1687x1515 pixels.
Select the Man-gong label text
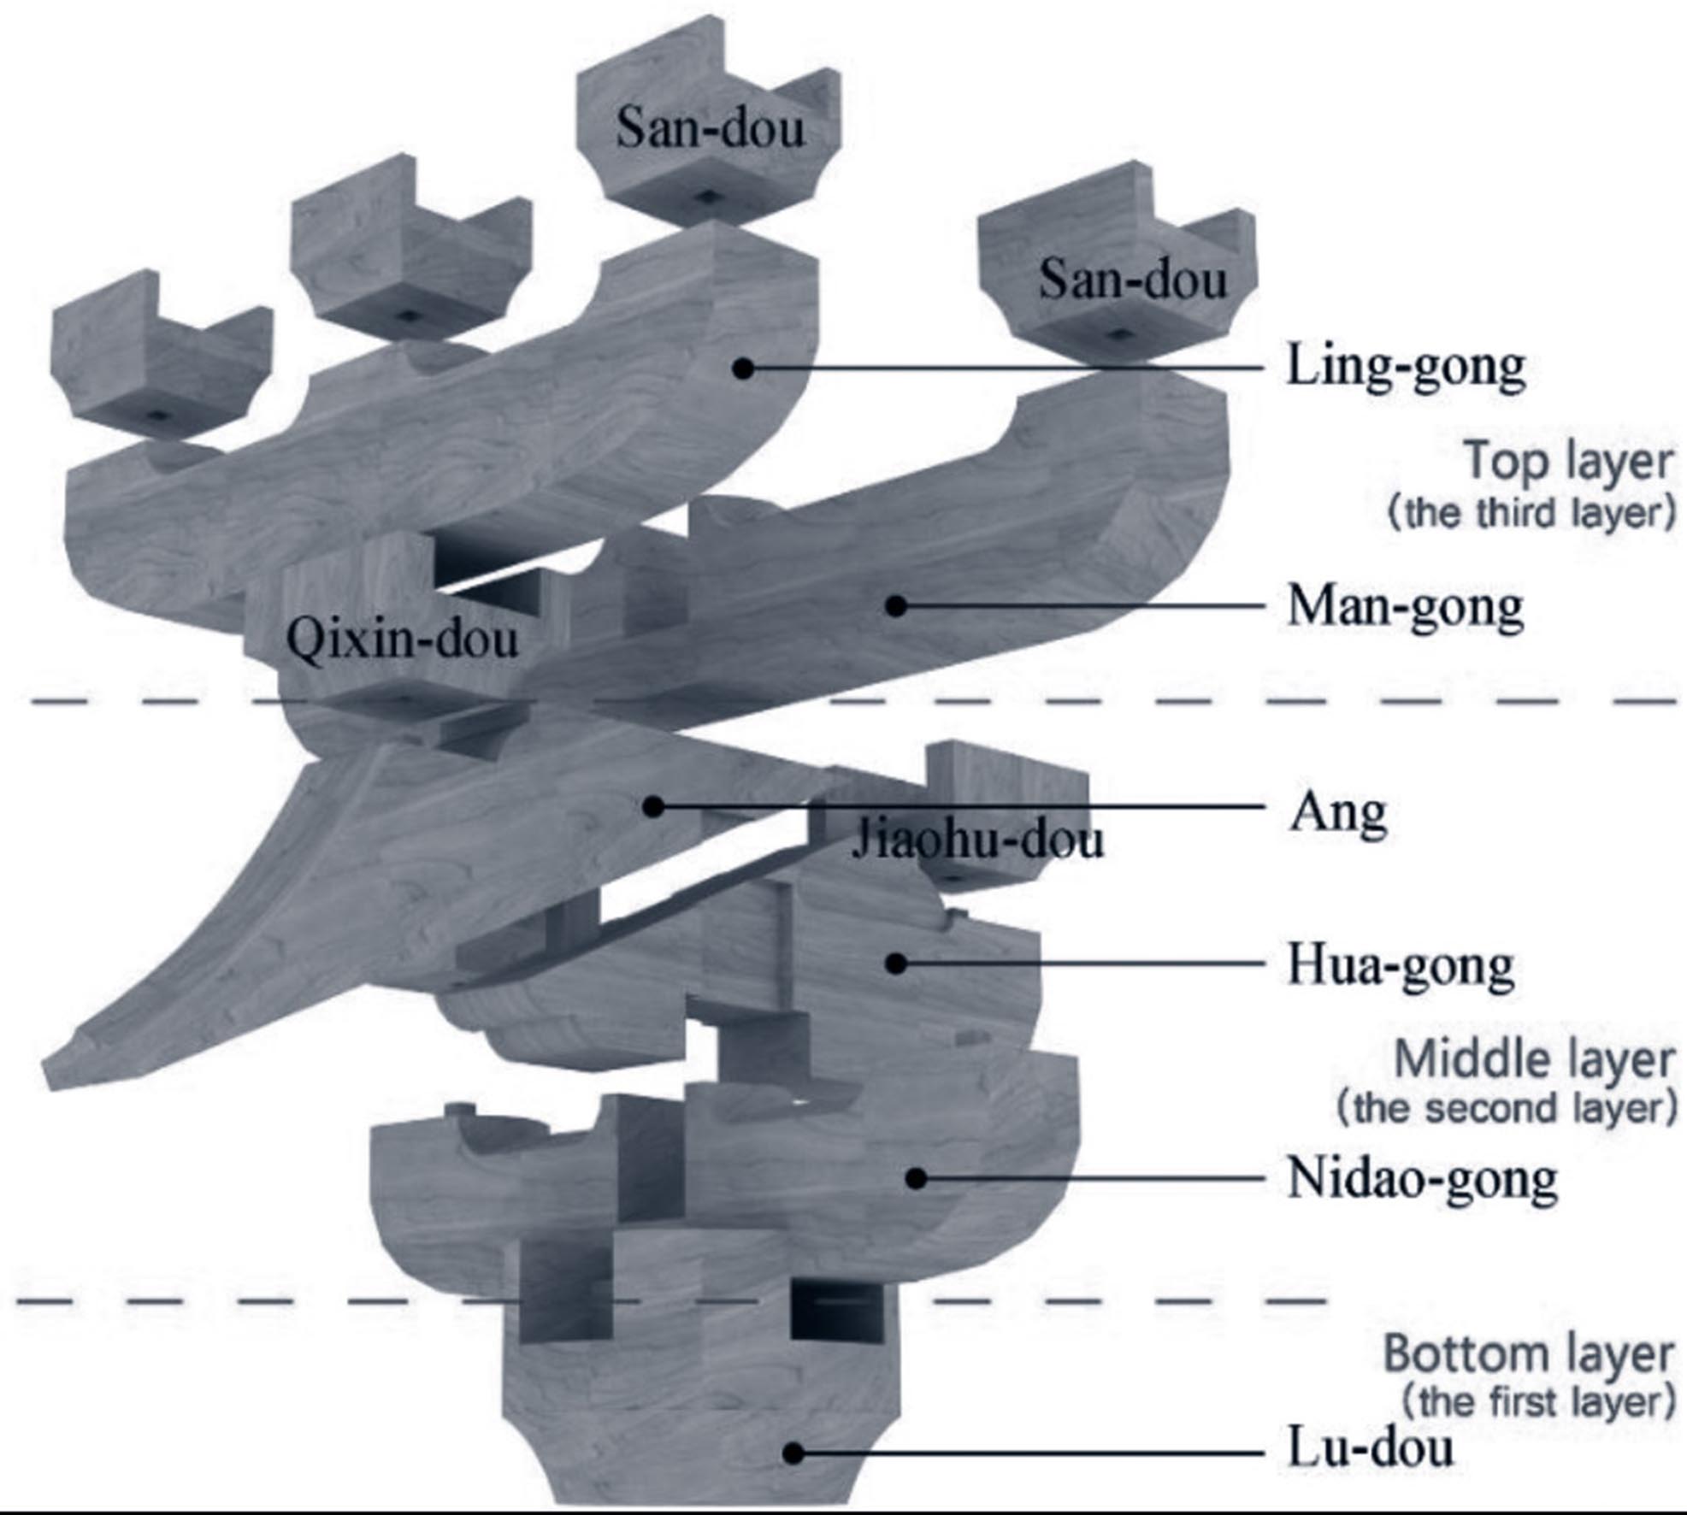1406,608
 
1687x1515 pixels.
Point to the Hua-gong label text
1401,967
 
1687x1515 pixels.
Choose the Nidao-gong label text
1423,1179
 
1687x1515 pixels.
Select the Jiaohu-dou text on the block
977,840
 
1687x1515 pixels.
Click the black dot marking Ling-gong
744,368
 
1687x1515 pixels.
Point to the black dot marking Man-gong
895,606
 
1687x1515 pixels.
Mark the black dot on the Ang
653,805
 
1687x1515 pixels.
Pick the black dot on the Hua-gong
895,964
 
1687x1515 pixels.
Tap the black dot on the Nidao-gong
916,1178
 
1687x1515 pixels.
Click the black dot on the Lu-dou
793,1452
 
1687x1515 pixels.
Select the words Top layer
1569,463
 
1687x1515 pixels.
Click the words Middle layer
1534,1061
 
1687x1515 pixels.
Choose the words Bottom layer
1529,1354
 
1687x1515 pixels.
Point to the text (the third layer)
1531,514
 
